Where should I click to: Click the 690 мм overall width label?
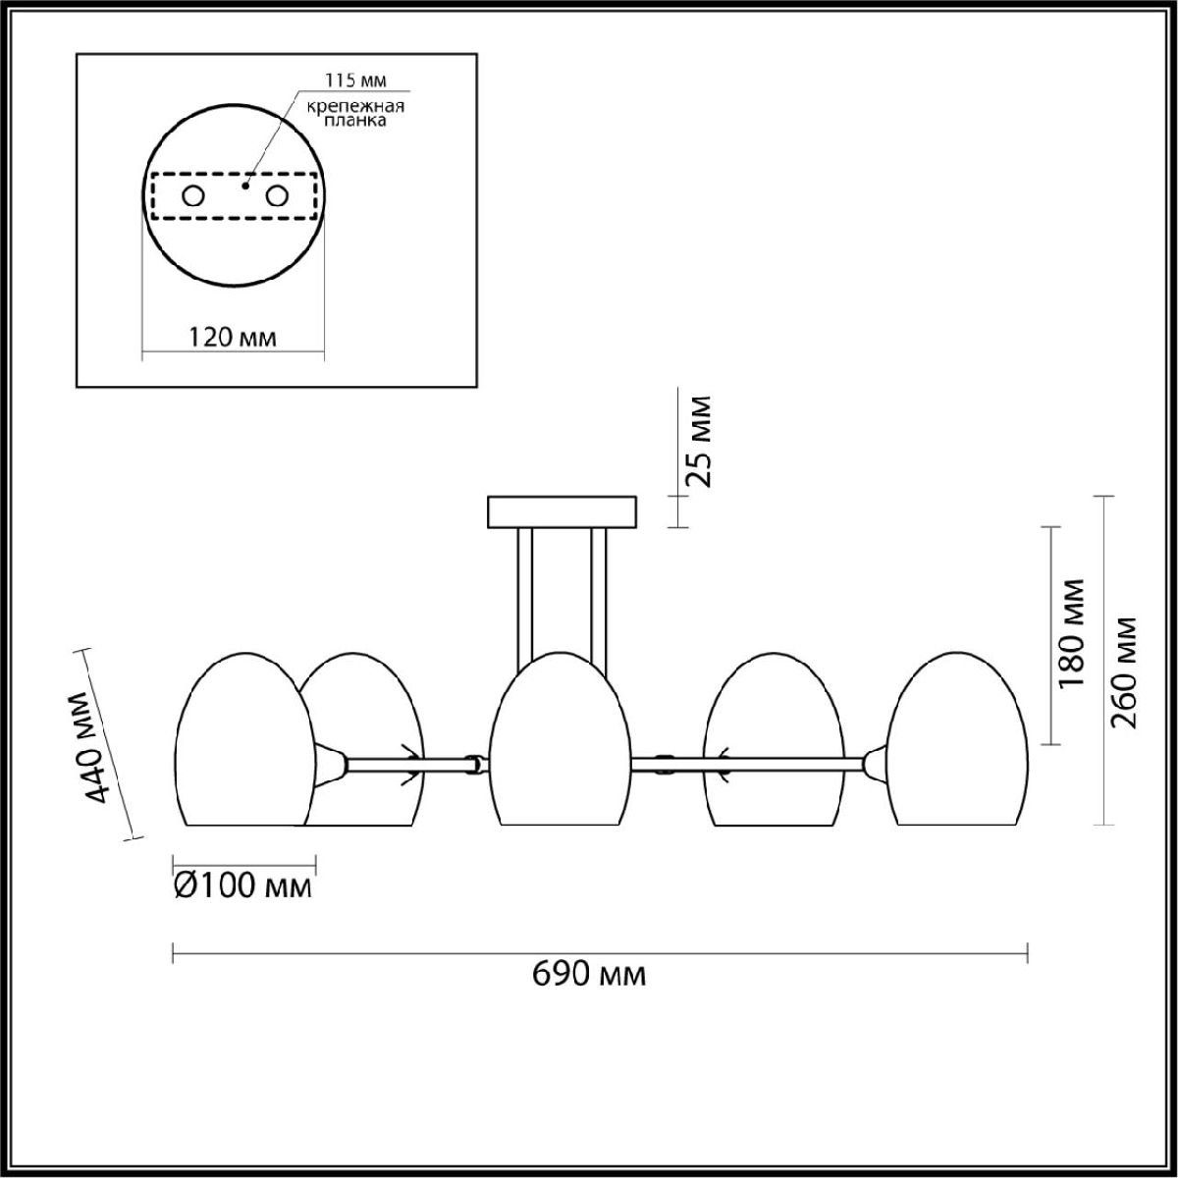(589, 975)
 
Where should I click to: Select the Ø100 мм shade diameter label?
(242, 886)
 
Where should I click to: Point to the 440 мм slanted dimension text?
(96, 747)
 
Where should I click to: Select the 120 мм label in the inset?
(233, 338)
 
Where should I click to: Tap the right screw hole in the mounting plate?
(279, 196)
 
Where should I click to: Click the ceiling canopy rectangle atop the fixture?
(562, 511)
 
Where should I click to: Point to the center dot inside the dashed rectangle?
(246, 183)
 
